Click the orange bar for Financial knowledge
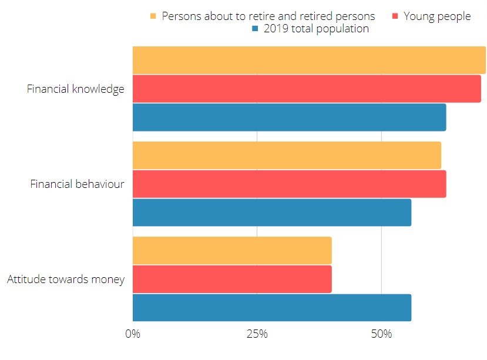(309, 60)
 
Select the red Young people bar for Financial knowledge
(307, 89)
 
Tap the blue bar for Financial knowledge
(289, 117)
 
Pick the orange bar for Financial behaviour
(287, 156)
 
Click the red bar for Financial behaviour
(289, 184)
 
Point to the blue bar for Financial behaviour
(272, 212)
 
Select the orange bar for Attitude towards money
(232, 251)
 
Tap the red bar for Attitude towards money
(232, 279)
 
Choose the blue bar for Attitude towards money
(272, 307)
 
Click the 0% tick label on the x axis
(133, 334)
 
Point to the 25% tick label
(257, 334)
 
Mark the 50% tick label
(382, 334)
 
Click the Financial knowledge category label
(76, 89)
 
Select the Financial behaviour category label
(77, 184)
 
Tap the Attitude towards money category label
(66, 280)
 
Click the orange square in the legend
(154, 16)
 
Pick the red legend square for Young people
(395, 16)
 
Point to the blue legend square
(255, 29)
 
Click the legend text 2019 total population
(316, 29)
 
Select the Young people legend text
(437, 16)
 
